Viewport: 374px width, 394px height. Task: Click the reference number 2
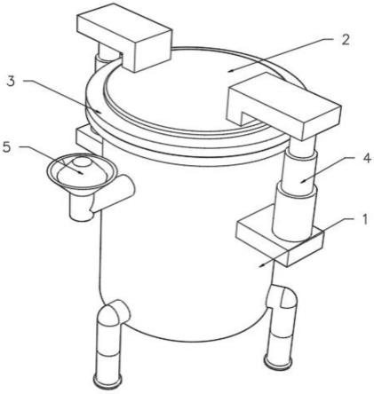pyautogui.click(x=346, y=40)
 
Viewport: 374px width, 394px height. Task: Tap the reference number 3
pyautogui.click(x=11, y=81)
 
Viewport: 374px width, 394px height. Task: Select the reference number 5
pyautogui.click(x=7, y=148)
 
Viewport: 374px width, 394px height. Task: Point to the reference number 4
pyautogui.click(x=366, y=159)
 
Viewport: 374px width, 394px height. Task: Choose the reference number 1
pyautogui.click(x=364, y=219)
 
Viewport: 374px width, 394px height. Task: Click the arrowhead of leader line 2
pyautogui.click(x=232, y=70)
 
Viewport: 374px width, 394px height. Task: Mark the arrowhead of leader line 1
pyautogui.click(x=262, y=265)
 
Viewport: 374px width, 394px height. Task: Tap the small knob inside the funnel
pyautogui.click(x=82, y=162)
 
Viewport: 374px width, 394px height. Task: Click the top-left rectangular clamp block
pyautogui.click(x=124, y=35)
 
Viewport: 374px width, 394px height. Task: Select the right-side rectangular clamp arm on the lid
pyautogui.click(x=284, y=106)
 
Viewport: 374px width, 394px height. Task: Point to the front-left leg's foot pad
pyautogui.click(x=107, y=382)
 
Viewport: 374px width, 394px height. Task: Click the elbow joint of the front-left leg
pyautogui.click(x=114, y=314)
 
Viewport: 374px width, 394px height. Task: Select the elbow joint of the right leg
pyautogui.click(x=282, y=297)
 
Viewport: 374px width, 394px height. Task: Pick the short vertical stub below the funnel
pyautogui.click(x=80, y=207)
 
